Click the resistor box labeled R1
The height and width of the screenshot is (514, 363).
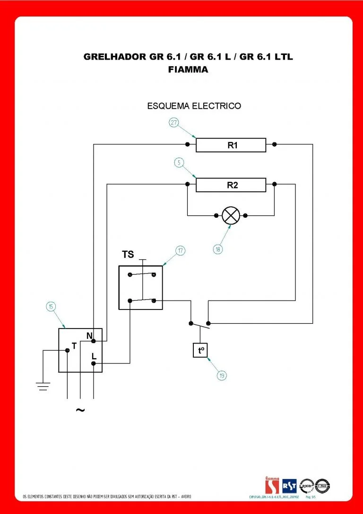(231, 145)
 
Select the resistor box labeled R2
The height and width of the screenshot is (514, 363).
(231, 185)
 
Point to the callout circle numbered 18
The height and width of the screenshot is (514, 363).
(217, 248)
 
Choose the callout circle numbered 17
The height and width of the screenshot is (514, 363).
(180, 251)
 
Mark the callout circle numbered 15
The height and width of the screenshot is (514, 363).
(50, 307)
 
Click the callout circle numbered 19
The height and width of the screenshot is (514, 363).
(222, 376)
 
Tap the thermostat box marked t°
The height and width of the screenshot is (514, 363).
(200, 350)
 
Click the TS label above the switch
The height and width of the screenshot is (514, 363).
(128, 255)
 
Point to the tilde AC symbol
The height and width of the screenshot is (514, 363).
(80, 410)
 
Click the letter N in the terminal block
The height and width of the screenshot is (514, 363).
(89, 336)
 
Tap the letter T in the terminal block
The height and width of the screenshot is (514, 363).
(74, 346)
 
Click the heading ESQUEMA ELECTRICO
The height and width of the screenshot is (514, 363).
(194, 106)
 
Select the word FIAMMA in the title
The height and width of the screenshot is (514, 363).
(188, 69)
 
